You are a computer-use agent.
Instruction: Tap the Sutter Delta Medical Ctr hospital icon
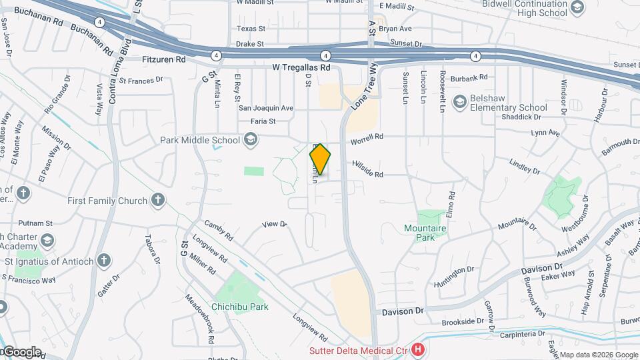tap(418, 349)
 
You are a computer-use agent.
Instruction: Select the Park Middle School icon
tap(250, 140)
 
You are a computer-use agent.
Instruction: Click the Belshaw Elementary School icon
tap(459, 102)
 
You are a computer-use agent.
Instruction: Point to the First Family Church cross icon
tap(157, 200)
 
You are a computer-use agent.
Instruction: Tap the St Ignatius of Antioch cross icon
tap(103, 261)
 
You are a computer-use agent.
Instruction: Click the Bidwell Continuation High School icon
tap(577, 8)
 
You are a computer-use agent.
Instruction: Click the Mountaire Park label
tap(425, 232)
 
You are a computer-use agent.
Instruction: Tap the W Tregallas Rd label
tap(301, 67)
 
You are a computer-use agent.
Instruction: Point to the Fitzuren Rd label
tap(164, 59)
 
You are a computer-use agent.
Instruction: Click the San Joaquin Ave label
tap(266, 107)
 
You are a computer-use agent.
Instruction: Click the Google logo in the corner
tap(21, 351)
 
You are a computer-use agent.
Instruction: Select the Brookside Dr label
tap(462, 321)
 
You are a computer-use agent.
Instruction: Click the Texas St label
tap(251, 29)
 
